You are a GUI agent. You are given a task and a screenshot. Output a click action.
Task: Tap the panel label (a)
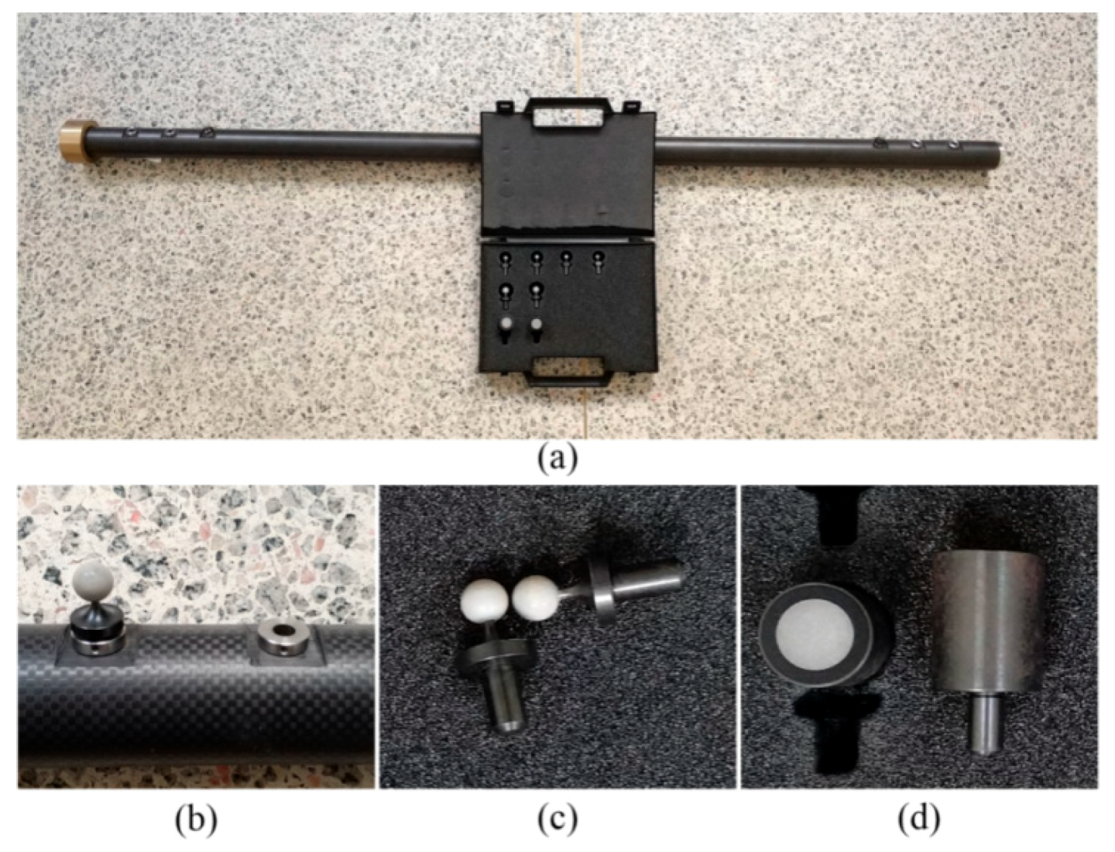557,458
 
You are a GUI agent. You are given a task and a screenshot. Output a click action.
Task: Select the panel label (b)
195,818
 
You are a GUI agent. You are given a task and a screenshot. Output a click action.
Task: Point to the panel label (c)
557,818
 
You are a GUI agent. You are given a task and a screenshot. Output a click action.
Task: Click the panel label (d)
919,818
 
